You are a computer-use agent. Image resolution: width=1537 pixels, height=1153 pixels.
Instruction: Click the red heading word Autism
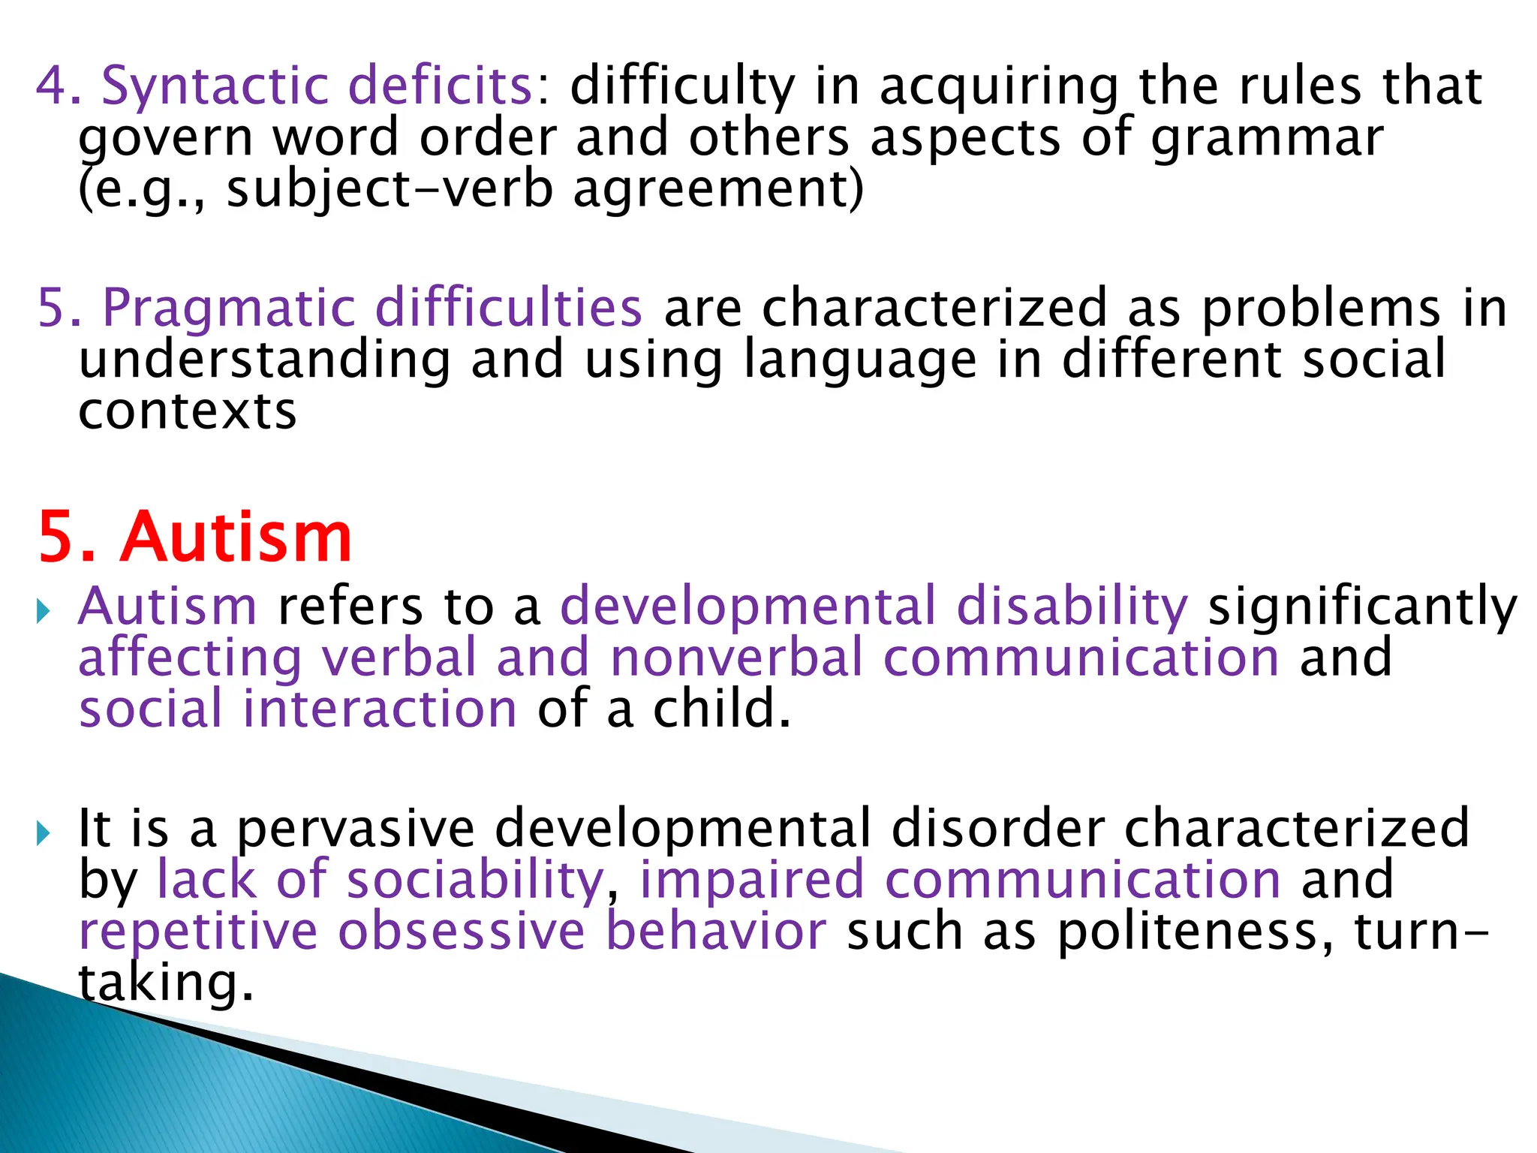(x=236, y=537)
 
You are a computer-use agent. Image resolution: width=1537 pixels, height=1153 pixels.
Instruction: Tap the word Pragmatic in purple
(x=229, y=309)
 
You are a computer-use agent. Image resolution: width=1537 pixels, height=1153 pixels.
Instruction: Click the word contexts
(x=188, y=412)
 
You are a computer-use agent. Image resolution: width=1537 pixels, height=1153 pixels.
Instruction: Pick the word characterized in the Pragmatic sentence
(x=935, y=309)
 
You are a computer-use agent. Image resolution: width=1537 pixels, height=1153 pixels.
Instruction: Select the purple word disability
(x=1072, y=607)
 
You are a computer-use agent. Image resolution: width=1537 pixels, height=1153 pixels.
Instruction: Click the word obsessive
(x=462, y=931)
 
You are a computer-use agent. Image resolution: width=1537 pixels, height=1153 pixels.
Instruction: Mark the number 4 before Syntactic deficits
(x=52, y=86)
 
